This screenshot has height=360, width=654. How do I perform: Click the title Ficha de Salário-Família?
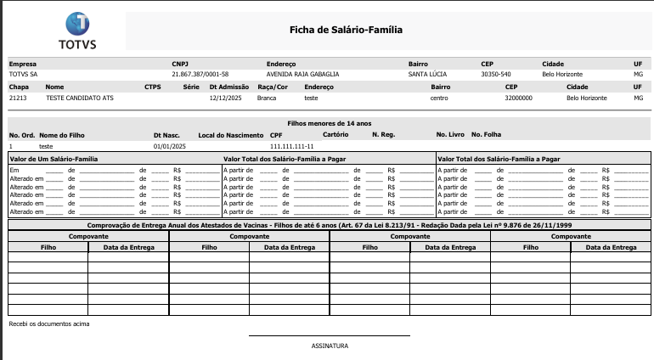(346, 30)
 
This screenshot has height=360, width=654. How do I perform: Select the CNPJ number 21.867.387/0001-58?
(200, 74)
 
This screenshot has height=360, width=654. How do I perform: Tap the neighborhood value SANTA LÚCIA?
(427, 74)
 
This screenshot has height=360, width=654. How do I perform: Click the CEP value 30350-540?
(495, 74)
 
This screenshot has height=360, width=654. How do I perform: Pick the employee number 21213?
(18, 98)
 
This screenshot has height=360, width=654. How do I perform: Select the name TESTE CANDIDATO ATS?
(80, 98)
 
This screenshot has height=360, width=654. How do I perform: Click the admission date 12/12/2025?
(225, 98)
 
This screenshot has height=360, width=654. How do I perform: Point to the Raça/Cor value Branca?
(267, 98)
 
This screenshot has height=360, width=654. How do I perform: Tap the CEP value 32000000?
(518, 98)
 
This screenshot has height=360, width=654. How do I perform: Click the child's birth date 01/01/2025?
(169, 146)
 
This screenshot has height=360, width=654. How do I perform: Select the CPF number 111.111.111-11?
(292, 146)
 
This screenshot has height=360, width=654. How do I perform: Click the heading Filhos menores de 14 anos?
(330, 124)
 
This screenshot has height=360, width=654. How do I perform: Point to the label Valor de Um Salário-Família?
(54, 159)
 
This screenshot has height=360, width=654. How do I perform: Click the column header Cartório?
(336, 135)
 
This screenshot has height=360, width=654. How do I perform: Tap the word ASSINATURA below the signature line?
(330, 346)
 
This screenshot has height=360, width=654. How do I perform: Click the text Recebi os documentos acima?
(48, 323)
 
